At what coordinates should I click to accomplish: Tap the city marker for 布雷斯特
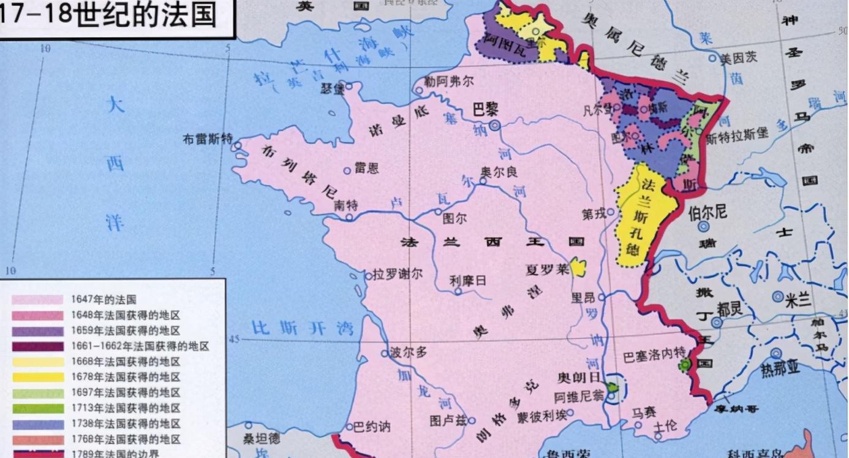tap(236, 146)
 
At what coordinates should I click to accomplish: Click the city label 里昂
tap(583, 297)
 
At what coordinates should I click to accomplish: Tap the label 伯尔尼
tap(707, 213)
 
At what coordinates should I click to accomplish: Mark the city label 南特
tap(345, 205)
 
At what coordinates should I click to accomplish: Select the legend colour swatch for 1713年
tap(37, 408)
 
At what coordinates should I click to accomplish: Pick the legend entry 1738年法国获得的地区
tap(125, 424)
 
